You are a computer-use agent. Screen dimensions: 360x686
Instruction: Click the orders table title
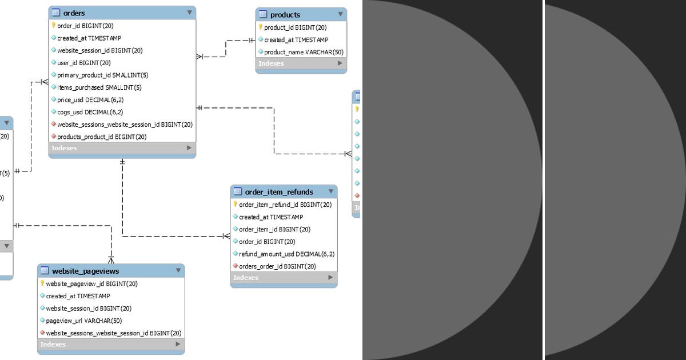click(74, 13)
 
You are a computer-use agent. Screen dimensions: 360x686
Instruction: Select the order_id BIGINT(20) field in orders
click(85, 26)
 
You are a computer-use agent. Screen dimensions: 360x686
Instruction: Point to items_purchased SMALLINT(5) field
click(99, 87)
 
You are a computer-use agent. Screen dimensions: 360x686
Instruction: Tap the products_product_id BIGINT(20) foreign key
click(102, 137)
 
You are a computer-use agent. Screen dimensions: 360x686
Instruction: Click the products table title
click(285, 14)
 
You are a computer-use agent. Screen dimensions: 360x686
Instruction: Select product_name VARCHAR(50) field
click(303, 52)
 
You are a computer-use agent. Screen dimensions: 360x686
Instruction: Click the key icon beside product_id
click(260, 27)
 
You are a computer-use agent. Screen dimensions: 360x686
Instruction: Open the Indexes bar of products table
click(301, 63)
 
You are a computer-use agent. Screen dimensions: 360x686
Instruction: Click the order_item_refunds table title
click(279, 191)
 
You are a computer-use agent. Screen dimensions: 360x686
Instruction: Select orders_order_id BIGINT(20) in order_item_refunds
click(277, 266)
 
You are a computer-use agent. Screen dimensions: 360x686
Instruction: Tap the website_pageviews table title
click(85, 271)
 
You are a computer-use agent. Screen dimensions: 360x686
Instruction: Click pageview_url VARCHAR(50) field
click(83, 321)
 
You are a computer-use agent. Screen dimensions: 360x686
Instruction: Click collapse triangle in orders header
click(189, 12)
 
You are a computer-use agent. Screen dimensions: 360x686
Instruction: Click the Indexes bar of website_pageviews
click(111, 345)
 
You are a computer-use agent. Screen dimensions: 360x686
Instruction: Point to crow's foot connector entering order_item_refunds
click(226, 235)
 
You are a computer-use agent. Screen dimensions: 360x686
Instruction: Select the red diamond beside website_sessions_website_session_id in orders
click(53, 124)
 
